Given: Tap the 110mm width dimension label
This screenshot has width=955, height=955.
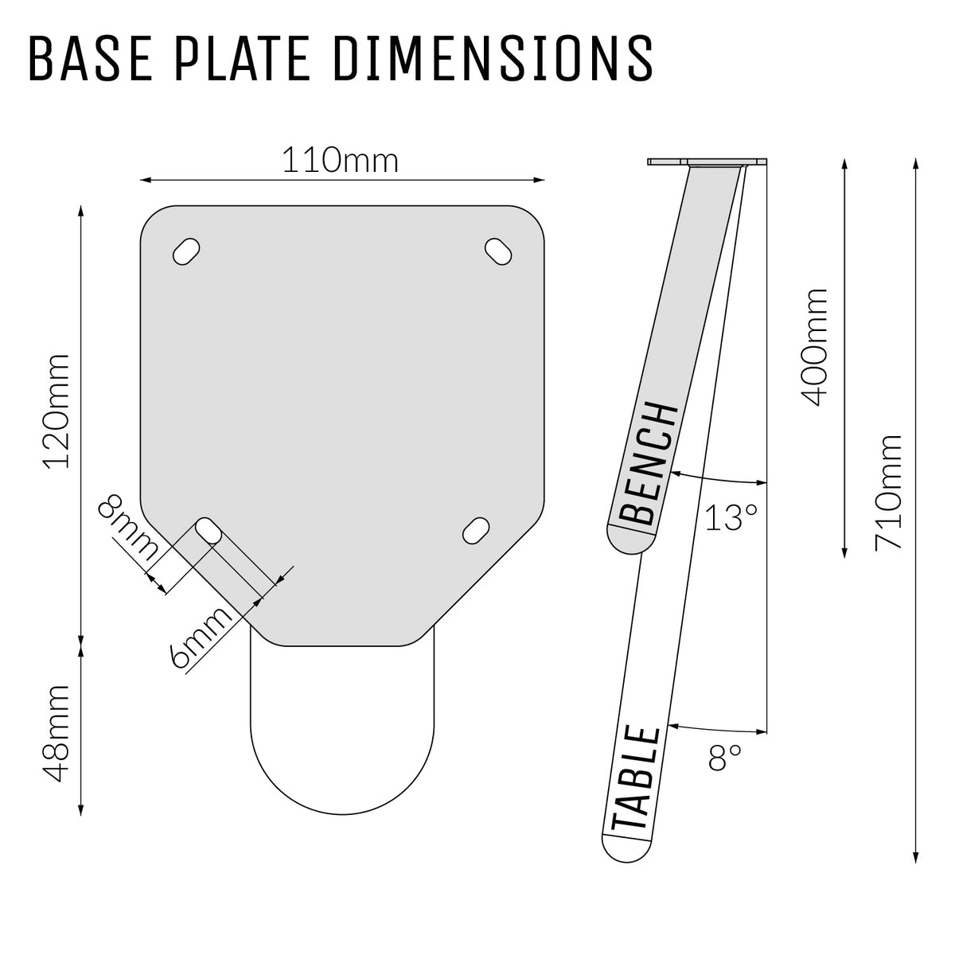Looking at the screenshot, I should (341, 162).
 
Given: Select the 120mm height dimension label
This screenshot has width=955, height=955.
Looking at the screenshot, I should (57, 411).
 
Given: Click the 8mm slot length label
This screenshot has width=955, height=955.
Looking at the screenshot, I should (127, 526).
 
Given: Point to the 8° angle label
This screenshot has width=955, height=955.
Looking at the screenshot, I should (724, 758).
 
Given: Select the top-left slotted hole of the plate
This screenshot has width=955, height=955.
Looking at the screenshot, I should (185, 251).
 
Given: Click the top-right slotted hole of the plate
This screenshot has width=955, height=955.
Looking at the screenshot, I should (500, 251).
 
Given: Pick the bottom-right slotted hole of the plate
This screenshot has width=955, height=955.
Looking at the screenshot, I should (477, 531).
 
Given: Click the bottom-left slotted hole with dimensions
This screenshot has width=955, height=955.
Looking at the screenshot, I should (209, 531).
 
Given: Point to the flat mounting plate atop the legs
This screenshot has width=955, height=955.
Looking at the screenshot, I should (708, 162).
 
